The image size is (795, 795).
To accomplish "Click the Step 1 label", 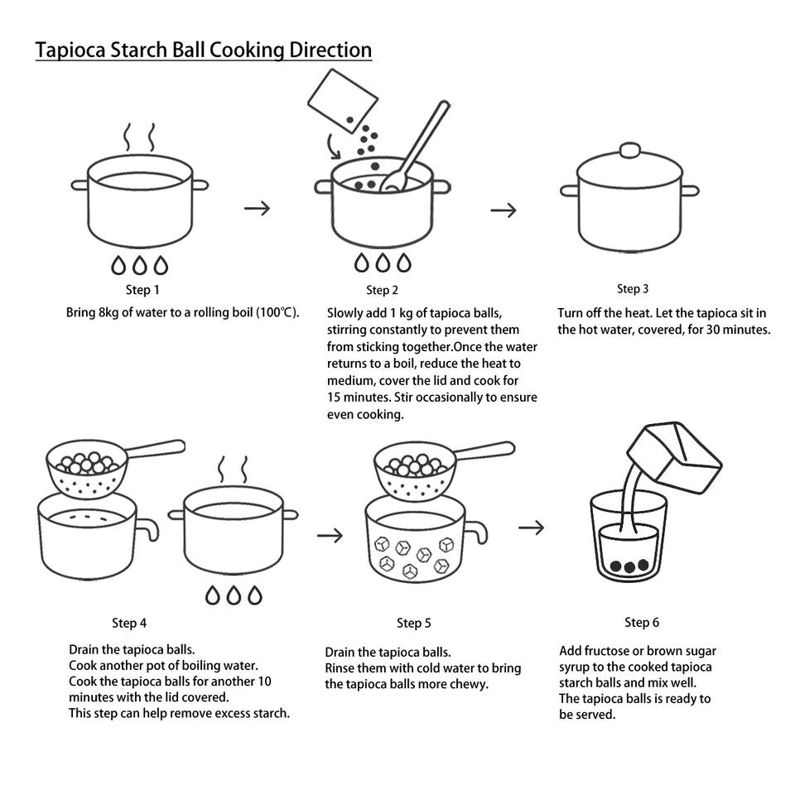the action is [142, 290].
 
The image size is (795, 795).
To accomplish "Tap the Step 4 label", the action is [129, 623].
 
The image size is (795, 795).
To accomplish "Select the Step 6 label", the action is [642, 623].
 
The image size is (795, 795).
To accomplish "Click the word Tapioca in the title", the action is [70, 51].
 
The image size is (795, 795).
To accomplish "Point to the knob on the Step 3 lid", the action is [629, 150].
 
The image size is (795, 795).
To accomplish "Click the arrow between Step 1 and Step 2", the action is [257, 208].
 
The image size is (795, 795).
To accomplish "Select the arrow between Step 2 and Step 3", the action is [503, 210].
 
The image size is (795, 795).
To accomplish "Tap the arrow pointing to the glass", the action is [531, 528].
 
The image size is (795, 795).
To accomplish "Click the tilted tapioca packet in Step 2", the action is [343, 101].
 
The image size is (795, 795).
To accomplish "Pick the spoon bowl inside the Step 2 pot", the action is [393, 182].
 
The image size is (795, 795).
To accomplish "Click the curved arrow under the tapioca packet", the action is [333, 147].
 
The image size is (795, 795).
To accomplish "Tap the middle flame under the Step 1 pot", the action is [139, 265].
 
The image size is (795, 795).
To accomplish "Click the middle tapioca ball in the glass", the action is [629, 566].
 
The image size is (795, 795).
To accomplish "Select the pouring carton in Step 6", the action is [674, 457].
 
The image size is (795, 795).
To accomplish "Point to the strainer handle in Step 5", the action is [484, 450].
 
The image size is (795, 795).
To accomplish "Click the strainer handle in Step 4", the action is [155, 449].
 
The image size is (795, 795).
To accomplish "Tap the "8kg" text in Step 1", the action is [108, 312].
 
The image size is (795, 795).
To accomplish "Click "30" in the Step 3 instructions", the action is [713, 330].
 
